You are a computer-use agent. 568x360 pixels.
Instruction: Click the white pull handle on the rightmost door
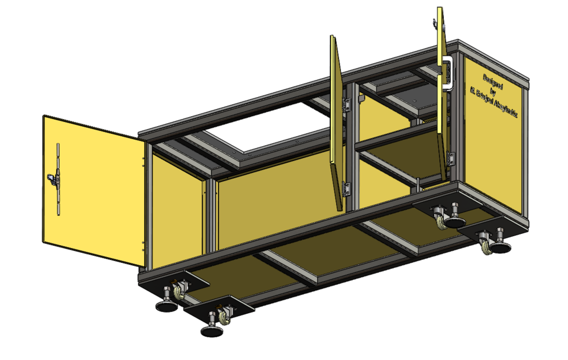[449, 73]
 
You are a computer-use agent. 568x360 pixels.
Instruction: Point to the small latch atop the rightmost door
[435, 24]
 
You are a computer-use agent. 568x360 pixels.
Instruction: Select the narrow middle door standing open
[336, 118]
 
